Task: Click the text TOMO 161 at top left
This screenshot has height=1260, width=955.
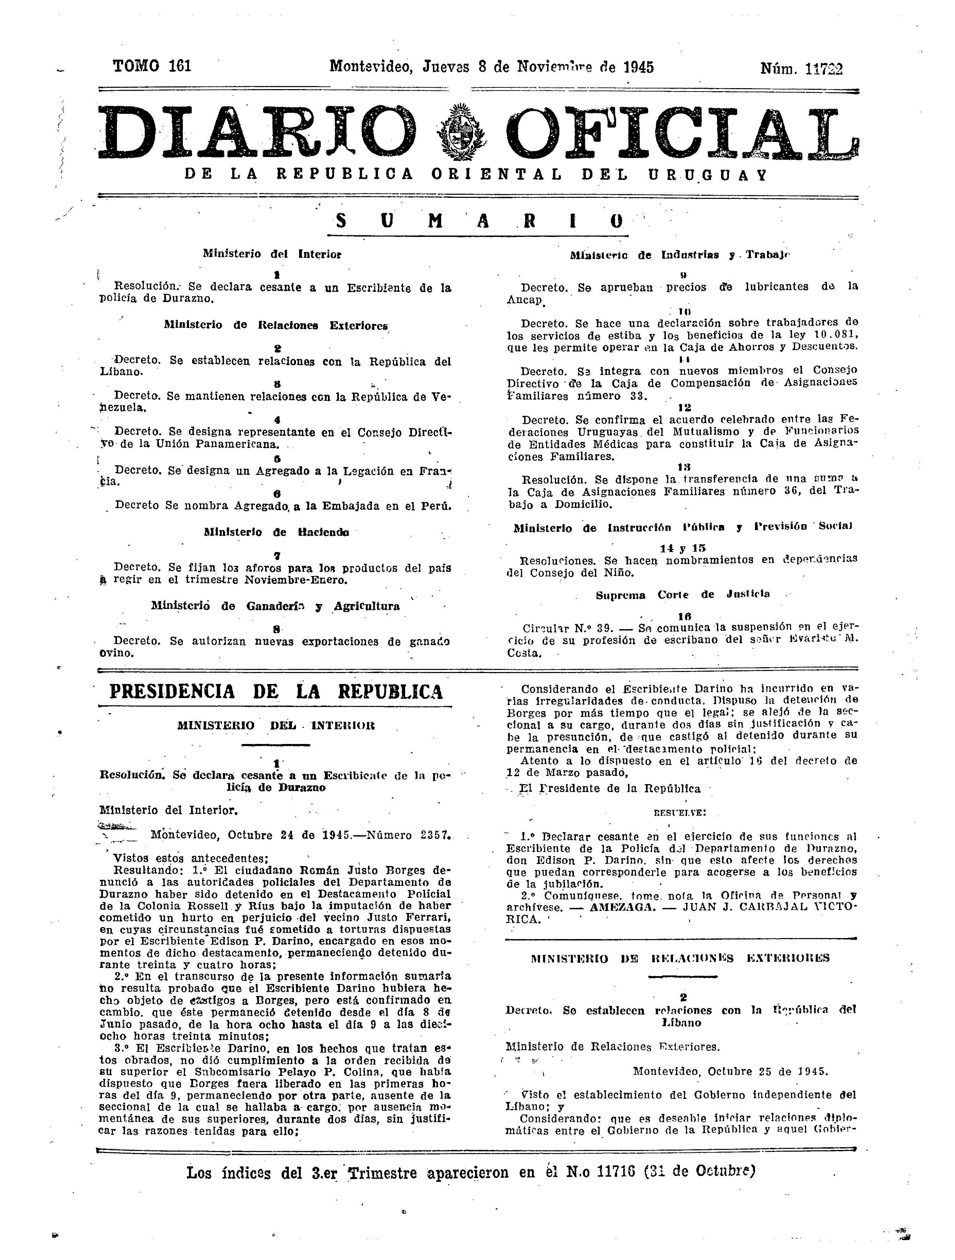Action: tap(152, 67)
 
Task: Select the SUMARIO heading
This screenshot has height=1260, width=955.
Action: tap(478, 221)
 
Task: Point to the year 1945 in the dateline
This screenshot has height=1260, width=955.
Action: tap(638, 67)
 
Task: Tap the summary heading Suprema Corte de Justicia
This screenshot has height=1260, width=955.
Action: tap(683, 595)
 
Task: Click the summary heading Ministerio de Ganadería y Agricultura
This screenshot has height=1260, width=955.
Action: tap(275, 607)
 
